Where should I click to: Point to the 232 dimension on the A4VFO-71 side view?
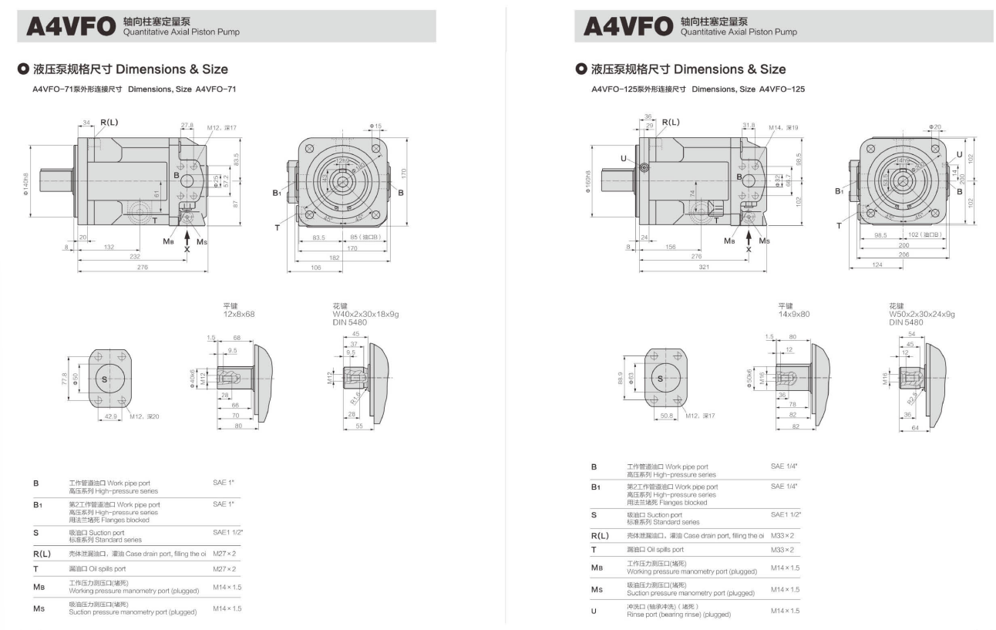[x=135, y=256]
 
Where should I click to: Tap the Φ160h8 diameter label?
[x=588, y=182]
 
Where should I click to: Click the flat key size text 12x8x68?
[x=239, y=314]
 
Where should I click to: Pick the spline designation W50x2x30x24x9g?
[x=922, y=314]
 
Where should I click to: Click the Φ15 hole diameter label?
[x=375, y=126]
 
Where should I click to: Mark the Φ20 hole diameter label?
[x=935, y=126]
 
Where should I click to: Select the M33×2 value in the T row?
[x=782, y=550]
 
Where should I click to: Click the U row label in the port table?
[x=594, y=611]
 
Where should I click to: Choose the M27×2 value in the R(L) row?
[x=224, y=553]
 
